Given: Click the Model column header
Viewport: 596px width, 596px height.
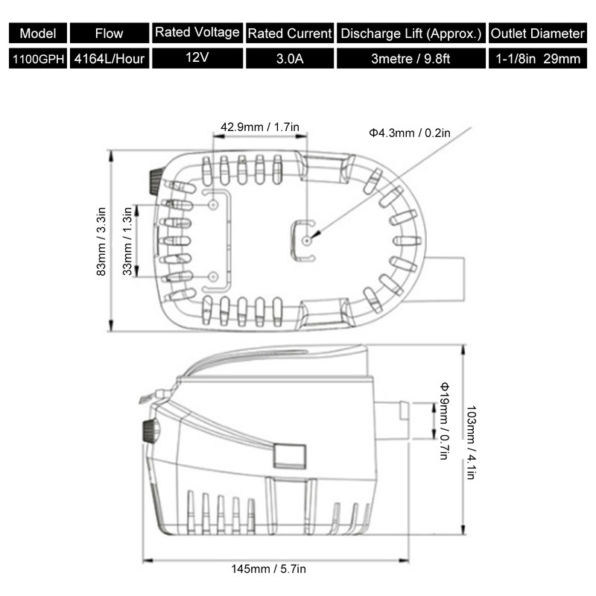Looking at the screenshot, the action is pos(38,34).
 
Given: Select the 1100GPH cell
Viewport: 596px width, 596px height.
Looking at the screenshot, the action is pos(38,59).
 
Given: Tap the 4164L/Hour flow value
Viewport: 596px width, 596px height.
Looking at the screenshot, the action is pos(110,59).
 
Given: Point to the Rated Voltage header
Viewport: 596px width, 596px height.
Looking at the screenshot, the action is pos(197,33).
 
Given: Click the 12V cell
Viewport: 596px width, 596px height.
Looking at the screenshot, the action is pos(197,58).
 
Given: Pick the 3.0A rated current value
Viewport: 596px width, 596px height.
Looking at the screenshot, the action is pos(290,59).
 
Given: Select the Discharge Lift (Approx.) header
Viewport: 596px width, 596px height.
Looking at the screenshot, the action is pos(411,34).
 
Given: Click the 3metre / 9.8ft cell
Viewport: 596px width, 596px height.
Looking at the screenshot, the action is pos(411,59).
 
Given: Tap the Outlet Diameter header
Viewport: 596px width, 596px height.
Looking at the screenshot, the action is pos(537,34).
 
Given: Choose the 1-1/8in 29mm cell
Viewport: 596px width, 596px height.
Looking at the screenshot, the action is pos(537,59).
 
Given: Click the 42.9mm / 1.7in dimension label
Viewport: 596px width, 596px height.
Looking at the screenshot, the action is pos(260,127).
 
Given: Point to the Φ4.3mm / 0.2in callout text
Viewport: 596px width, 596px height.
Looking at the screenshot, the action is pos(409,133).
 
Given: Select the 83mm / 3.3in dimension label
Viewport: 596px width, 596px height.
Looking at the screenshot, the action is pos(101,241).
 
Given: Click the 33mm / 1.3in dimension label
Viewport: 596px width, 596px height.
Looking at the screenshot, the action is pos(127,241).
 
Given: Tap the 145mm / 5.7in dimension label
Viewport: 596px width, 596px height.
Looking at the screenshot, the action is pos(268,569).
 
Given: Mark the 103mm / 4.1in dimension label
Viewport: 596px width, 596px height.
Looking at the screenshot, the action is pos(471,442).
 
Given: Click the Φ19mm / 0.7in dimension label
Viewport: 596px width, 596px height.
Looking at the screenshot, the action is pos(444,421).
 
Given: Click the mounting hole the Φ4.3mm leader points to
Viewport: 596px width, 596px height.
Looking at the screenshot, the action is pos(307,241).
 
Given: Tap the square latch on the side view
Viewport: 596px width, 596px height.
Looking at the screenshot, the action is pos(289,456).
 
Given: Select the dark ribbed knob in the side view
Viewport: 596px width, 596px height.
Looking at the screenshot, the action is pos(150,431).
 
